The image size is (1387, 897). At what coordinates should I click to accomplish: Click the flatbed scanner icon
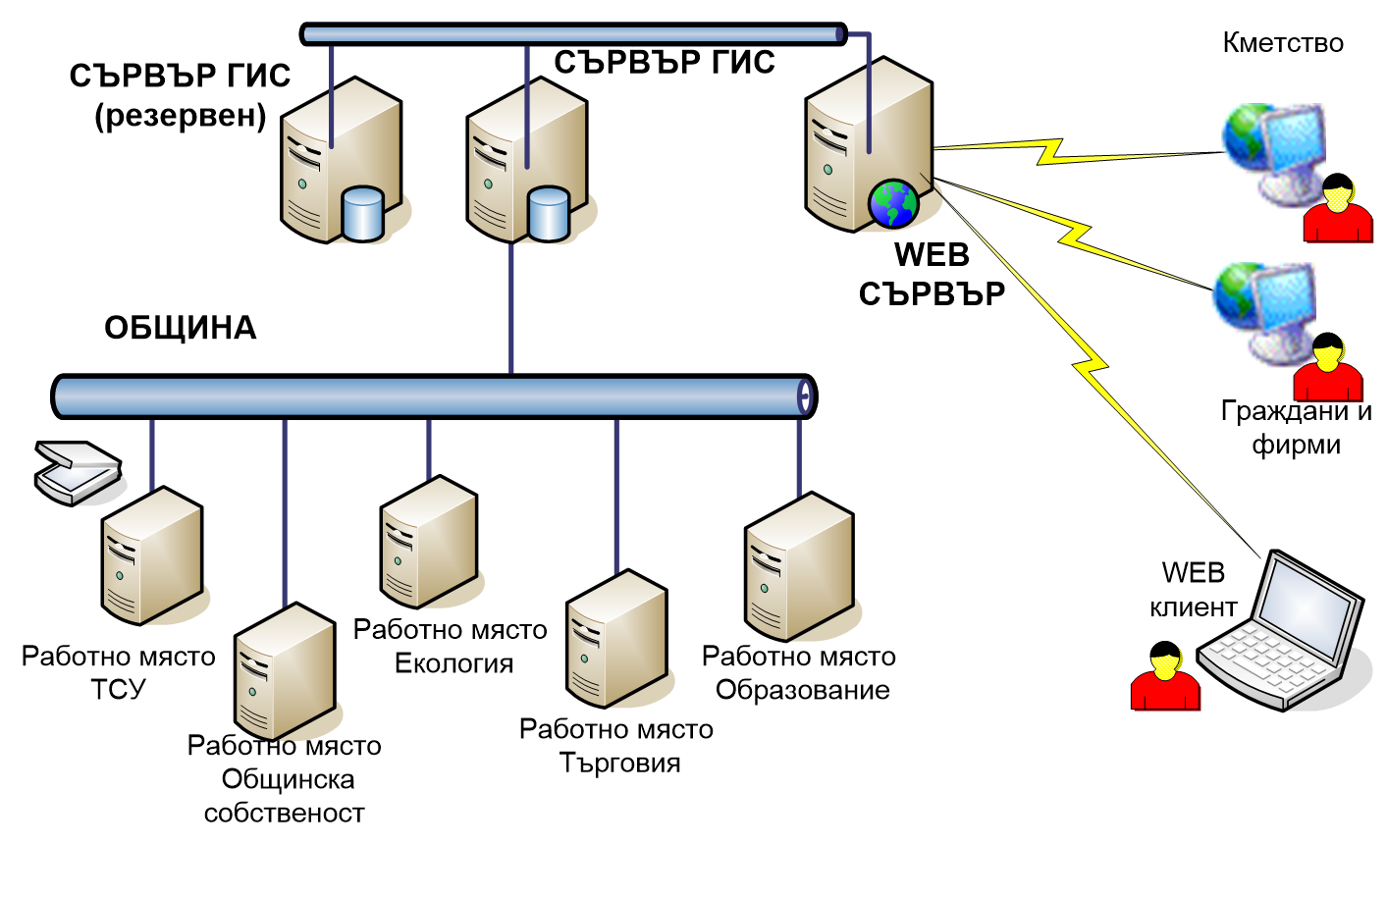pos(78,472)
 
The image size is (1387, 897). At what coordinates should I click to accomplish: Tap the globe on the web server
pos(892,204)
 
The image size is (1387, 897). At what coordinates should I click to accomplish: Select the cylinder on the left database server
pos(362,213)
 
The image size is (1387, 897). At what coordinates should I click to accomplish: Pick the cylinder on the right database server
pos(548,213)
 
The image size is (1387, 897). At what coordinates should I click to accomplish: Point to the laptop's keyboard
pos(1266,660)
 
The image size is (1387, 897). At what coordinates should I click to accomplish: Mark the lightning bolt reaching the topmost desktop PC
pos(1050,151)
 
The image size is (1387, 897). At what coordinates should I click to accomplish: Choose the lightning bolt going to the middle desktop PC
pos(1074,236)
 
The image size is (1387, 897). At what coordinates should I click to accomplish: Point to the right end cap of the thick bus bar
pos(805,396)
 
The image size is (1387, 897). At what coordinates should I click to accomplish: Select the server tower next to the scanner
pos(152,555)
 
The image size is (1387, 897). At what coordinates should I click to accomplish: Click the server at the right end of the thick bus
pos(799,567)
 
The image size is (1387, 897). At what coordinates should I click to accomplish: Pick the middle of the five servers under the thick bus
pos(429,542)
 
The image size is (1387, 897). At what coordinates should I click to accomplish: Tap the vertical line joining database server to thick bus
pos(511,309)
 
